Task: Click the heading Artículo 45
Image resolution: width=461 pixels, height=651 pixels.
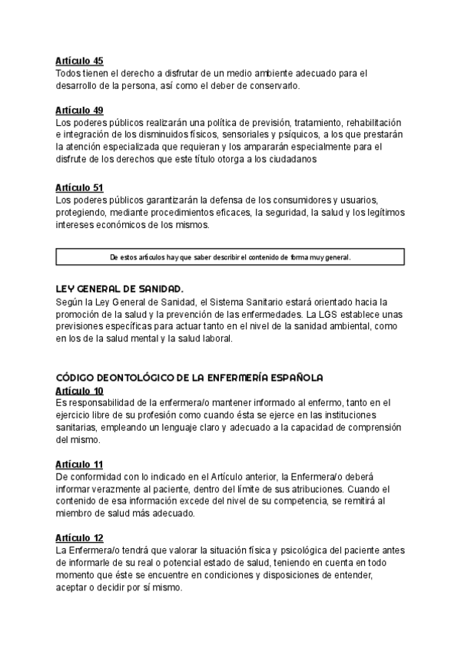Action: (x=79, y=61)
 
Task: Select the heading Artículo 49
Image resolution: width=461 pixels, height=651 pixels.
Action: (x=79, y=111)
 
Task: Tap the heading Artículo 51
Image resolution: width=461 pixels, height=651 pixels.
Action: (x=79, y=187)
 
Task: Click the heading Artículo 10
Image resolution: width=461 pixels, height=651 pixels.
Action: (x=79, y=391)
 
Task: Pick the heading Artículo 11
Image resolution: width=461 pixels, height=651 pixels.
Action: (x=79, y=465)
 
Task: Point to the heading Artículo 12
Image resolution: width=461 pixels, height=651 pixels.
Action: (x=79, y=539)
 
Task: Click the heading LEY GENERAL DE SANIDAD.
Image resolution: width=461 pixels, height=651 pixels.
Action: (x=119, y=289)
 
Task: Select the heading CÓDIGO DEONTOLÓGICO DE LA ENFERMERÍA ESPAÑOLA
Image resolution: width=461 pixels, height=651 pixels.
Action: (x=190, y=378)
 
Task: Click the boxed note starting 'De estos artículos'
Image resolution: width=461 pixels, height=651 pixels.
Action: (x=230, y=257)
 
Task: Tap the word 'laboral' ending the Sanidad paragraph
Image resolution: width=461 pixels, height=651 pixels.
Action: (x=208, y=339)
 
